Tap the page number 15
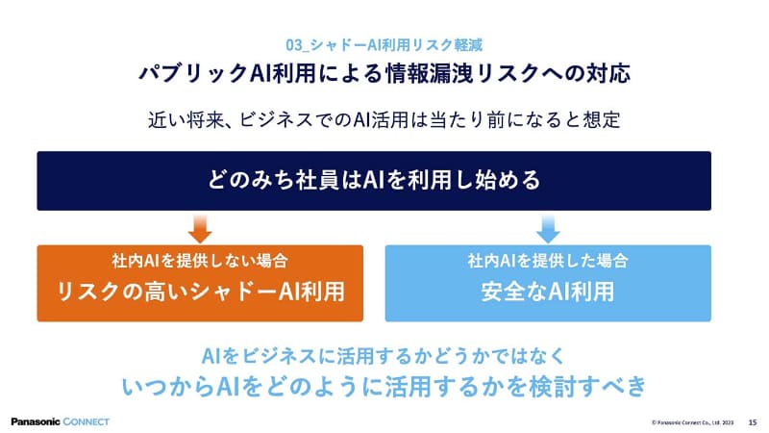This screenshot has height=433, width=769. tap(752, 421)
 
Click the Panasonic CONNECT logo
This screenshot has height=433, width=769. tap(61, 421)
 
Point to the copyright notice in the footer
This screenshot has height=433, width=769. tap(693, 421)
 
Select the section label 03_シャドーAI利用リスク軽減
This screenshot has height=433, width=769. tap(384, 45)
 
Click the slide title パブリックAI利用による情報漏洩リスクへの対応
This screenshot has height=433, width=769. tap(384, 73)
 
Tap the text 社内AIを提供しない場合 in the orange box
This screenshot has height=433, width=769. tap(200, 261)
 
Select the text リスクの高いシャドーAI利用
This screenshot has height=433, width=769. tap(200, 292)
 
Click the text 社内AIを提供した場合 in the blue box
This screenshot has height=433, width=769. tap(548, 261)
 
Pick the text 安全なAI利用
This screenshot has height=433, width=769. tap(548, 292)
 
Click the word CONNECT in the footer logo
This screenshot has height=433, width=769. tap(82, 421)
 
